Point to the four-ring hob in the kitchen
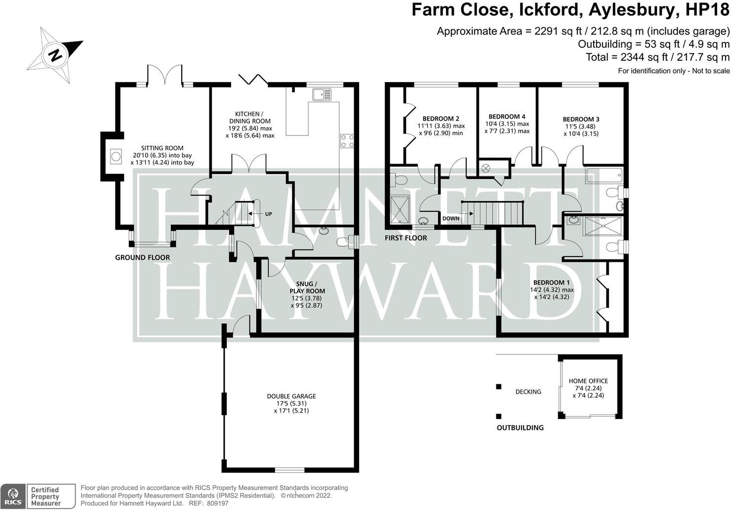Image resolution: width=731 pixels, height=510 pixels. [347, 141]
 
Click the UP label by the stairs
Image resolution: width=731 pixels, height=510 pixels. [268, 214]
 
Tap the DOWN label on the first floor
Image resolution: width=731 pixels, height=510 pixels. [450, 218]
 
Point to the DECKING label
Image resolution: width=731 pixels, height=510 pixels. [528, 392]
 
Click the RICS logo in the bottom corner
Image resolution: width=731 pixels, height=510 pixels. [13, 496]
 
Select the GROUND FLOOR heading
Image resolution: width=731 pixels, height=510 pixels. [142, 257]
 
